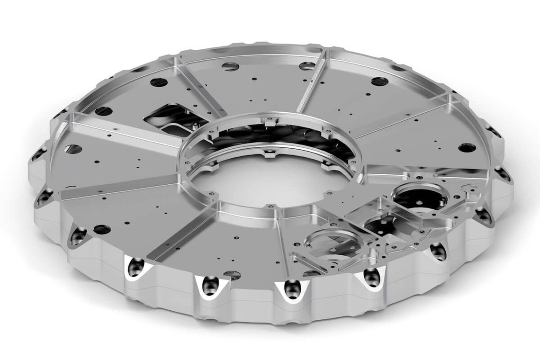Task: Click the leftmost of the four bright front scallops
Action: [x=136, y=269]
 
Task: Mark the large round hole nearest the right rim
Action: [x=467, y=147]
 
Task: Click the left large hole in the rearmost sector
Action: [x=230, y=66]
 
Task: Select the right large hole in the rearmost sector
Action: [x=307, y=66]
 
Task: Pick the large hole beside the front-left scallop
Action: [x=102, y=230]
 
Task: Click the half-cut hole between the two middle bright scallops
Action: [x=232, y=274]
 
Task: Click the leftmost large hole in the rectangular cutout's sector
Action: [x=103, y=111]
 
